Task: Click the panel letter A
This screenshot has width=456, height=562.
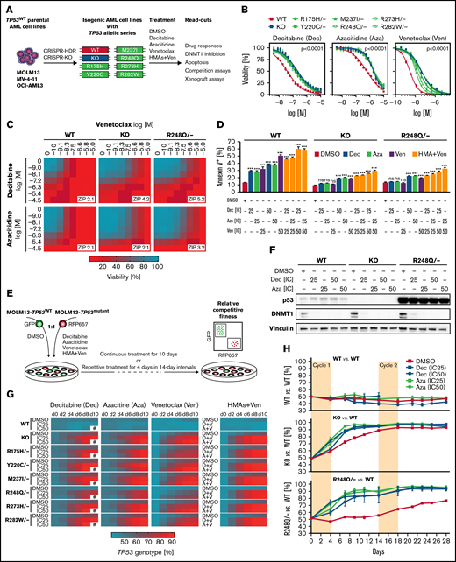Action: [6, 7]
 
